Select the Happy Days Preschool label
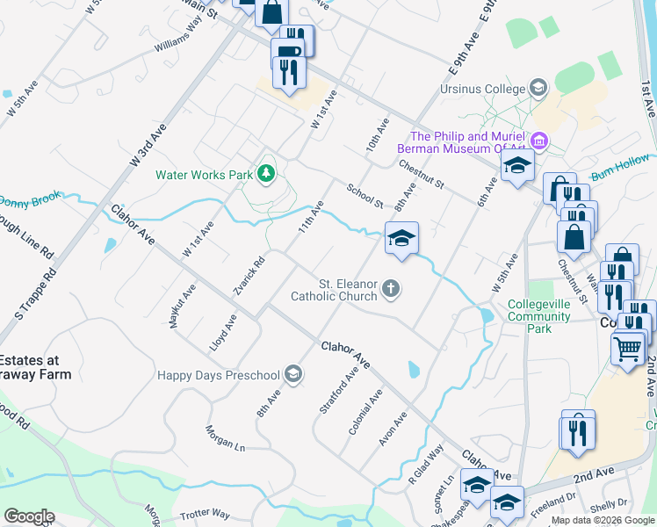218,376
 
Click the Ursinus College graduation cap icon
538,88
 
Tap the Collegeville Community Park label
541,316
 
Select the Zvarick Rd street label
249,276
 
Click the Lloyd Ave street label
223,334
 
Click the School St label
365,196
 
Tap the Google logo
29,516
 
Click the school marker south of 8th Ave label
401,238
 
